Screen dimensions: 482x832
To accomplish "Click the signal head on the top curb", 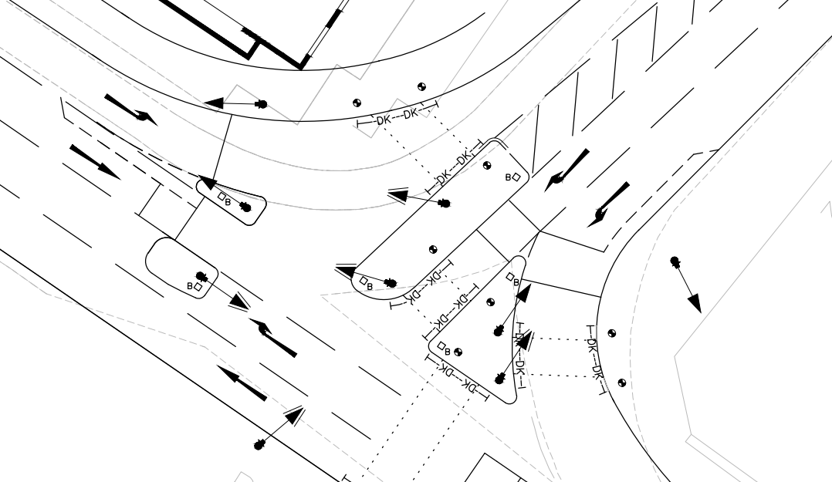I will [262, 103].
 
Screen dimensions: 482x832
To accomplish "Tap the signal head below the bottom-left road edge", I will [260, 444].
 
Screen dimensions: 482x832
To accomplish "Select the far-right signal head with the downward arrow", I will [676, 262].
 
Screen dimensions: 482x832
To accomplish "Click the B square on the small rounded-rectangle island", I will [198, 287].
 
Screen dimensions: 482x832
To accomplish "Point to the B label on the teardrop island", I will [225, 198].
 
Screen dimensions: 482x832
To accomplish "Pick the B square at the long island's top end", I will [515, 177].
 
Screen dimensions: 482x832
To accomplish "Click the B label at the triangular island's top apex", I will [510, 276].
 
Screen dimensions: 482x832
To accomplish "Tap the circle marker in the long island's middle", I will [432, 248].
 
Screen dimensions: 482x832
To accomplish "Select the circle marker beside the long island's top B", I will [486, 165].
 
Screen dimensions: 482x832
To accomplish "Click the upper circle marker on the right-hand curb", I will [612, 333].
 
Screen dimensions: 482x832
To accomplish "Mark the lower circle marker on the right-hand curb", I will [622, 383].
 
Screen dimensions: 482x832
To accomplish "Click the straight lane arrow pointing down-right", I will [94, 160].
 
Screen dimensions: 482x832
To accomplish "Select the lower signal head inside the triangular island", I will [501, 378].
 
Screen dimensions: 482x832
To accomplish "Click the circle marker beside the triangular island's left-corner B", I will [457, 352].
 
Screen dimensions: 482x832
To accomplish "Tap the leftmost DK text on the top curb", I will [384, 120].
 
